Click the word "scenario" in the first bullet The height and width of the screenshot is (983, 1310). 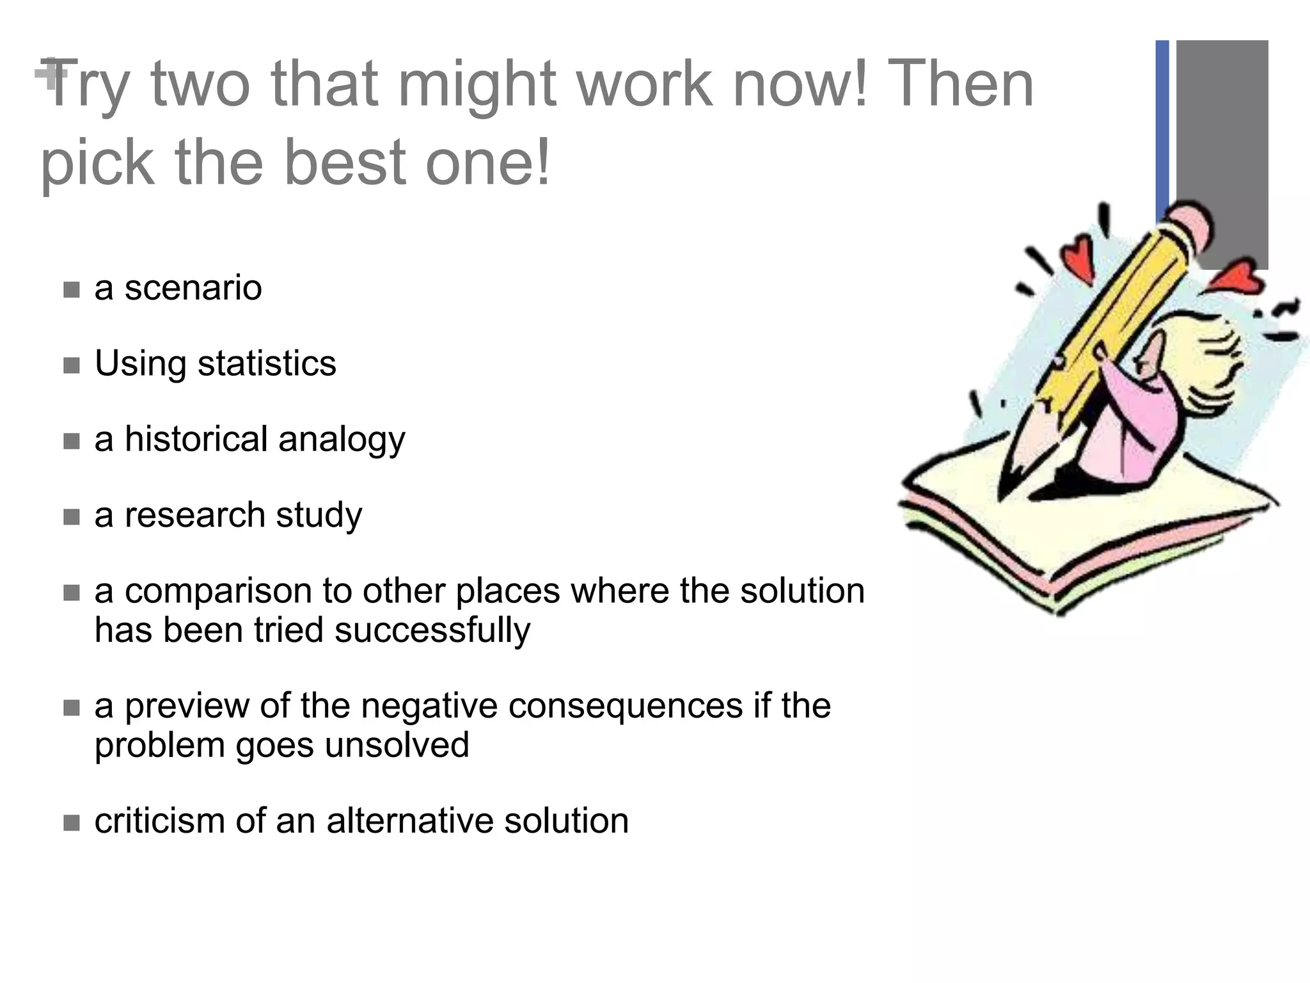[193, 288]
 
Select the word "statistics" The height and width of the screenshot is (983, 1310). [266, 364]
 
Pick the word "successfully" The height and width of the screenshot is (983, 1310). [432, 630]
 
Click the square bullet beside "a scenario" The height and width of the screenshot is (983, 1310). [72, 290]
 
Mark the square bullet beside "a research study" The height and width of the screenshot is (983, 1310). [72, 516]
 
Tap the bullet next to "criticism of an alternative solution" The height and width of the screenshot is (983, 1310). [72, 822]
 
